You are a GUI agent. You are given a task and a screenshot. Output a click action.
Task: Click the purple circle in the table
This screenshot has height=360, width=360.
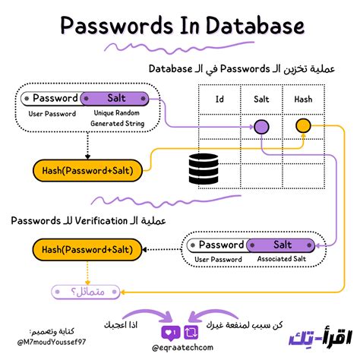tap(261, 126)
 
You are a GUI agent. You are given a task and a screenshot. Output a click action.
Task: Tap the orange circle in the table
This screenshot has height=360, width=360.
tap(303, 126)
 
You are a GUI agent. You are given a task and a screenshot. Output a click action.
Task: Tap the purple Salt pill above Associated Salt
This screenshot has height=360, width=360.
tap(282, 245)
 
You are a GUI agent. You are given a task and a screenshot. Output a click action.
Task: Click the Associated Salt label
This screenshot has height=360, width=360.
tap(283, 260)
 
